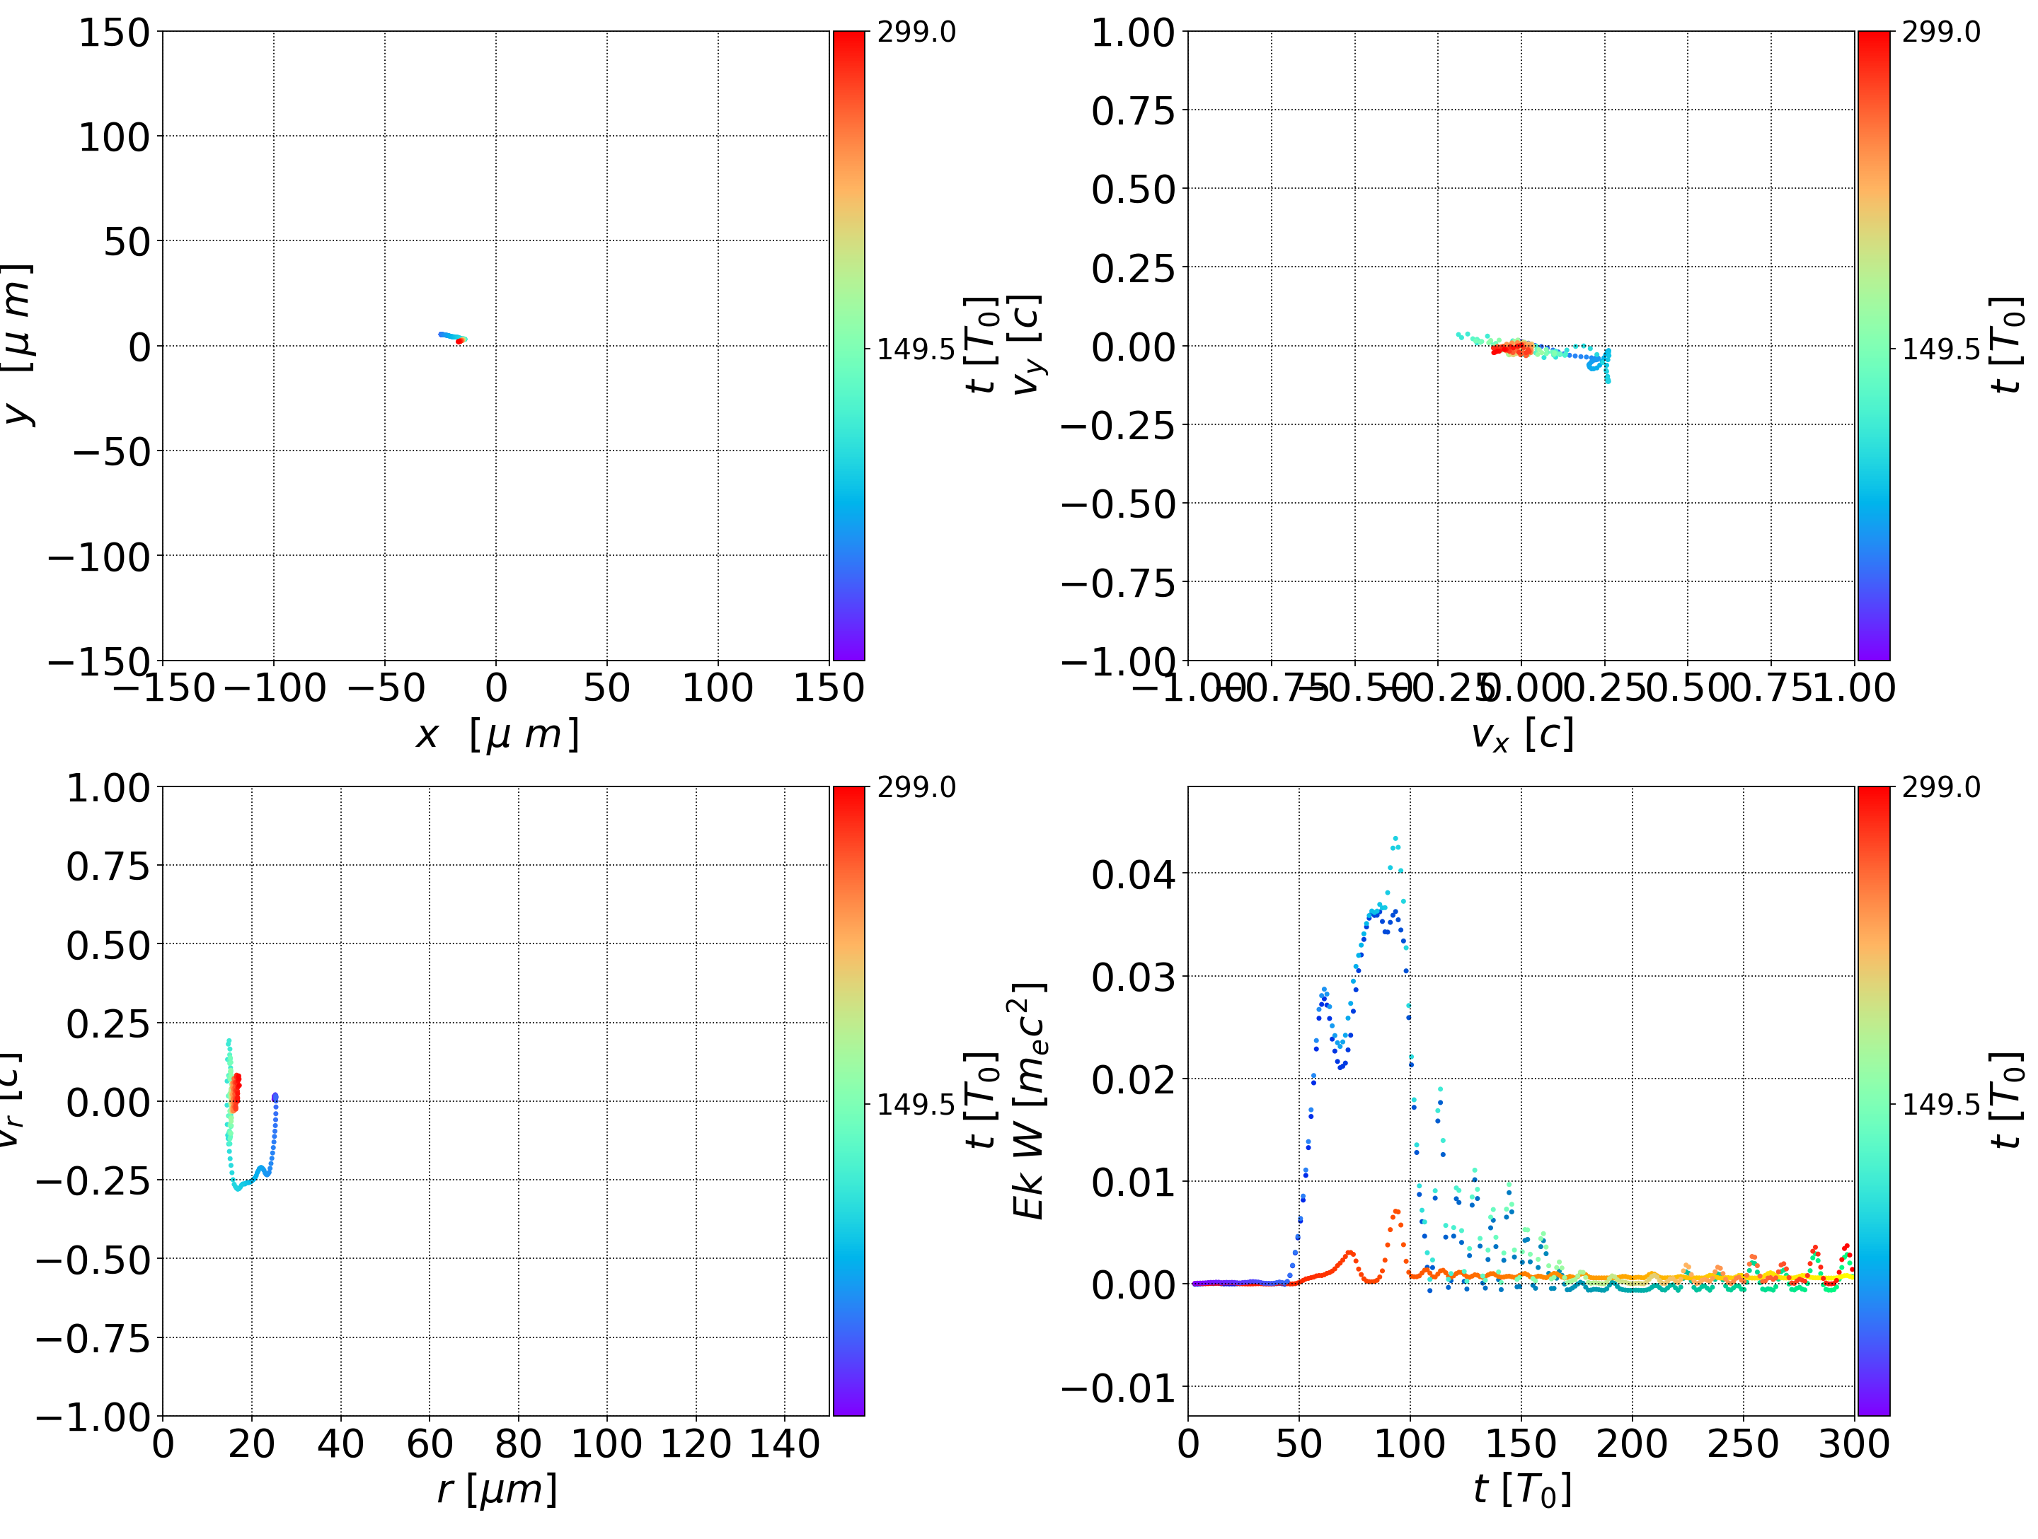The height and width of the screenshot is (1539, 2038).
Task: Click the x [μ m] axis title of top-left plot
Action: (497, 735)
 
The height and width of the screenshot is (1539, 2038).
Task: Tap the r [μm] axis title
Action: (497, 1489)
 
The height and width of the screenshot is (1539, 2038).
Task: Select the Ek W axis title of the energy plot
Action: (1028, 1100)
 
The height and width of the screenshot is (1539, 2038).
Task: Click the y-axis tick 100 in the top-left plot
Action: (113, 137)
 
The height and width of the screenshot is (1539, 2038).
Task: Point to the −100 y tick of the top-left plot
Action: (98, 557)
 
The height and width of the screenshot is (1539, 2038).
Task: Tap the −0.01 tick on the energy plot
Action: (1119, 1387)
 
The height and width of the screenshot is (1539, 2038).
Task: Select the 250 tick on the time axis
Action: (1742, 1444)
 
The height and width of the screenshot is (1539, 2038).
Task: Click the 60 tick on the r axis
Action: (430, 1444)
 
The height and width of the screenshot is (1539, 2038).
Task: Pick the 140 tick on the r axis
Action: (784, 1444)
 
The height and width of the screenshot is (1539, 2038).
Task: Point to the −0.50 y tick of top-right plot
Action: (1119, 505)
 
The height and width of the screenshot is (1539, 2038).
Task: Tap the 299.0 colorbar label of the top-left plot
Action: (916, 33)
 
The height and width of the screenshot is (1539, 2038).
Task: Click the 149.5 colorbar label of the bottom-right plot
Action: (1940, 1103)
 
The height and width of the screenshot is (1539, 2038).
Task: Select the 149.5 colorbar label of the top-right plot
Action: (1940, 349)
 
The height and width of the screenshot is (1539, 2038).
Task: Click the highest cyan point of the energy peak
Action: (1395, 838)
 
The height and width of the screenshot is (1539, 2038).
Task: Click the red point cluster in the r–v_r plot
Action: (235, 1091)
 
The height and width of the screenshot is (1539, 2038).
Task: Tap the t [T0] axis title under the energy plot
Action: (1521, 1489)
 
